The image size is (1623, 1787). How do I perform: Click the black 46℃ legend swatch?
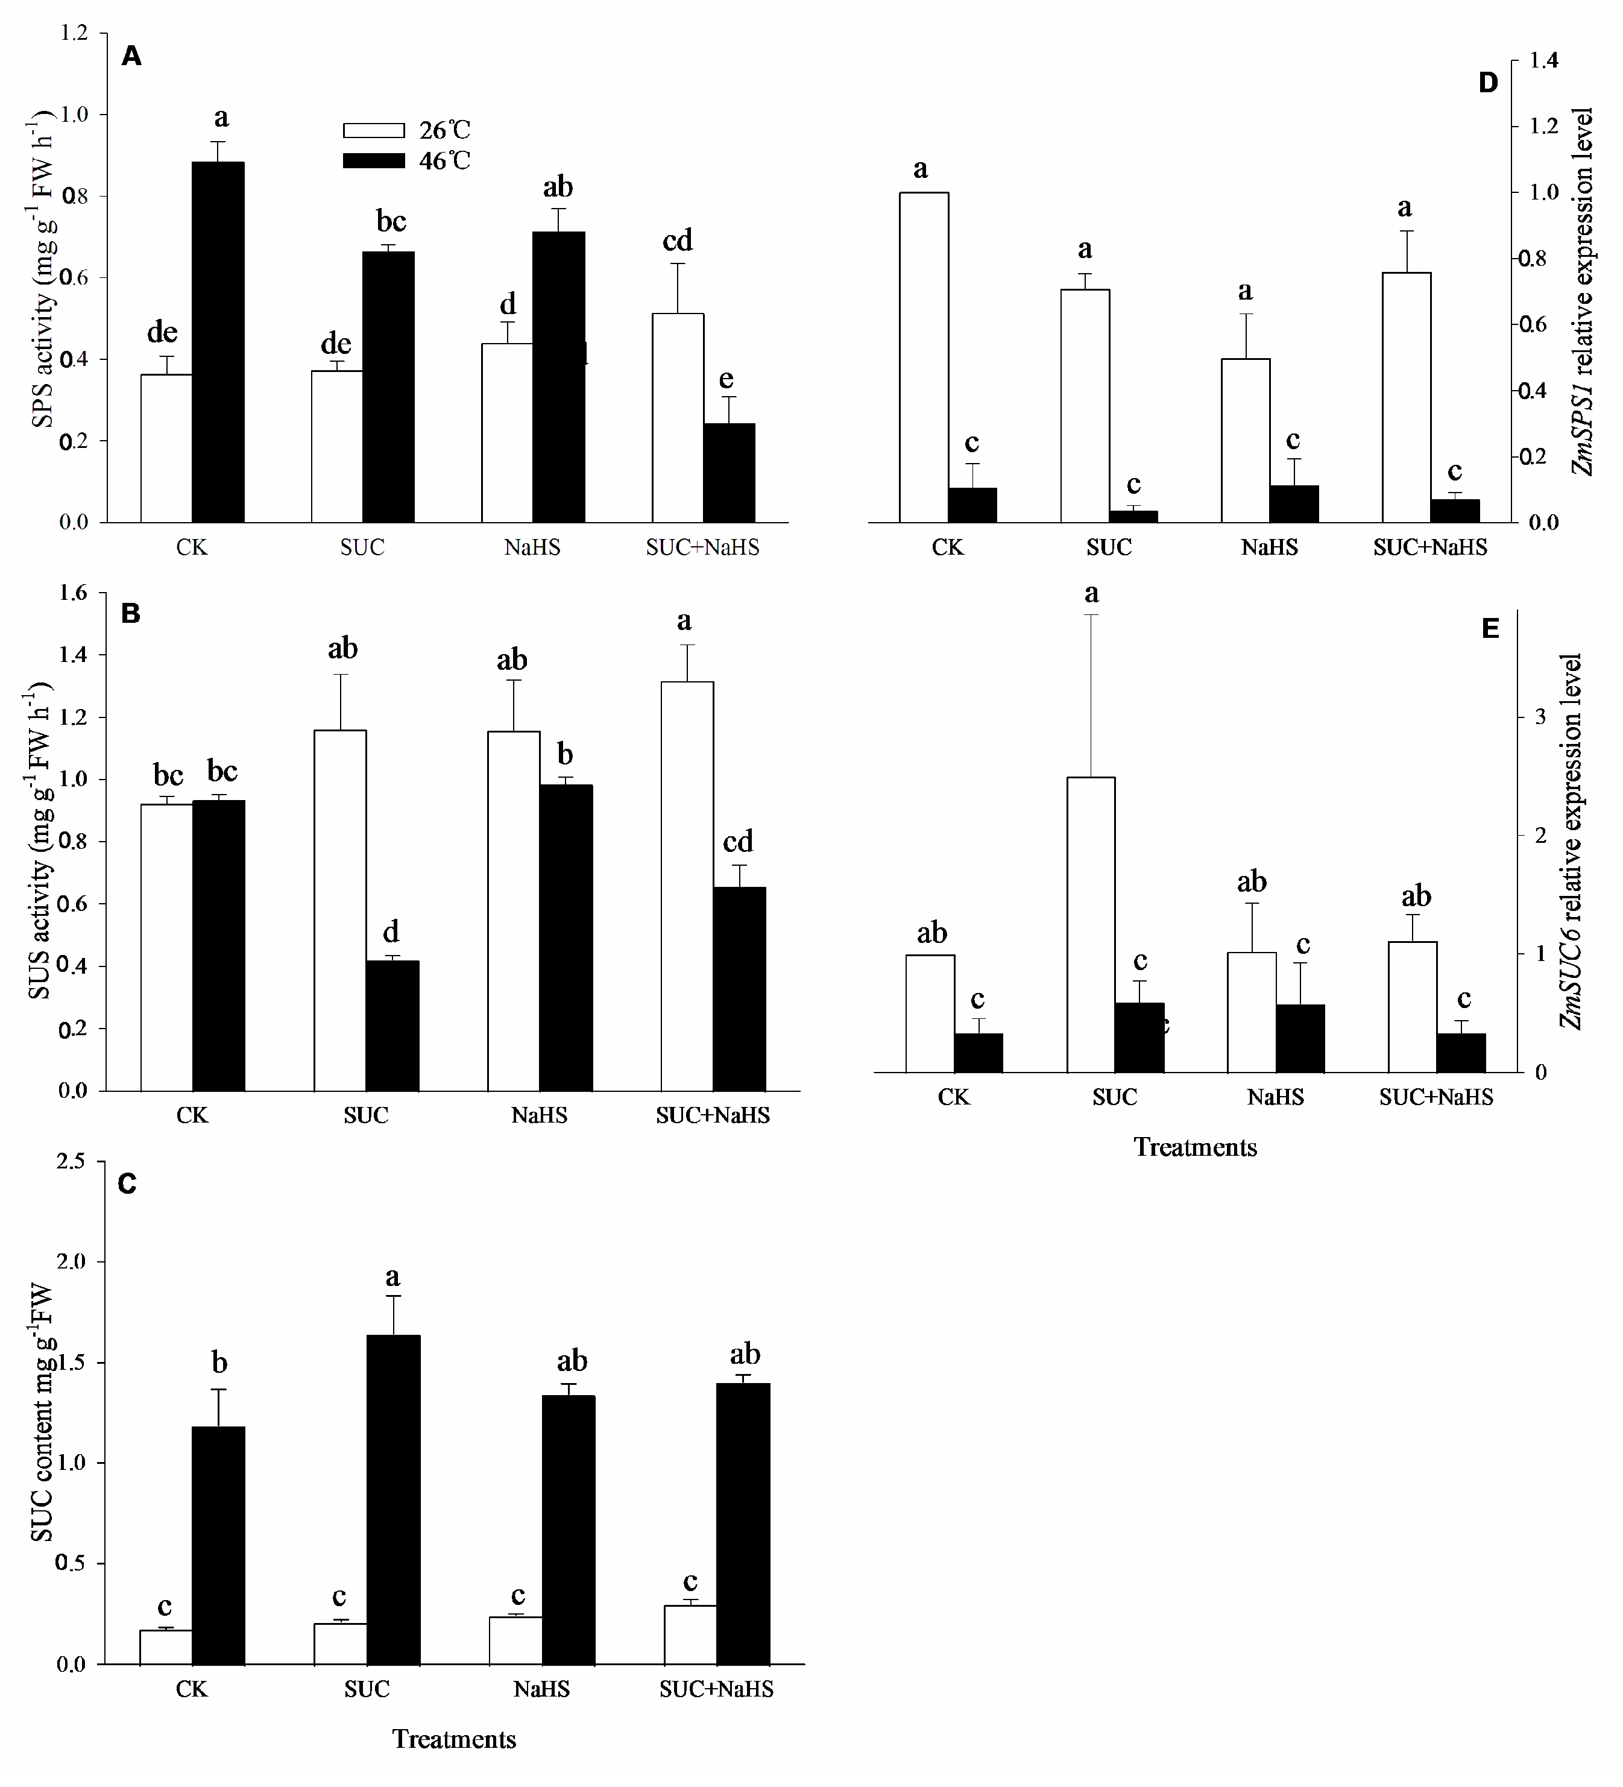point(373,160)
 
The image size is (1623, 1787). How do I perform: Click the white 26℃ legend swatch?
point(373,130)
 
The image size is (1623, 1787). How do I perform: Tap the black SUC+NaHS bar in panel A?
point(729,473)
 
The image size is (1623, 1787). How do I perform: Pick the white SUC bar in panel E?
point(1090,924)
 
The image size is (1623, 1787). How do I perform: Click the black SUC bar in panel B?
point(392,1026)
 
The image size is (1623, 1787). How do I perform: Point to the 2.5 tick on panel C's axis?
point(74,1161)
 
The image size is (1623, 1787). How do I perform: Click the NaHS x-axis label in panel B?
point(539,1115)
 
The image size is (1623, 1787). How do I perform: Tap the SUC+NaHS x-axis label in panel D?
point(1429,547)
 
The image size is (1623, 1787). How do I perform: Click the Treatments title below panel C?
point(454,1739)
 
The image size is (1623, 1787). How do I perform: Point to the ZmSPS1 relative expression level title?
point(1582,292)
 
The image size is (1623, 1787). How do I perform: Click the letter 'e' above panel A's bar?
point(726,379)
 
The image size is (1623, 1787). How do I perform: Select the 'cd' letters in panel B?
point(737,840)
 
